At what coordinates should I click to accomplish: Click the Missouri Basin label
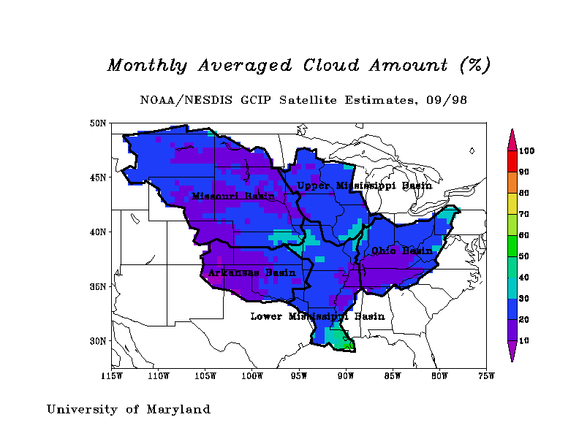pos(233,196)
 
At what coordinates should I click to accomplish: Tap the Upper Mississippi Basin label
pos(364,186)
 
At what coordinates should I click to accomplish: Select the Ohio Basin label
pos(402,251)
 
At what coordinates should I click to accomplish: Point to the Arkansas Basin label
pos(251,272)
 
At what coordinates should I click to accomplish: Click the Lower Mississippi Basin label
pos(317,316)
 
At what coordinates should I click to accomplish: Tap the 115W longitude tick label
pos(111,377)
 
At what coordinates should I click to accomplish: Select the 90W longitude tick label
pos(346,377)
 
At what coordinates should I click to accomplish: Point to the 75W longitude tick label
pos(486,377)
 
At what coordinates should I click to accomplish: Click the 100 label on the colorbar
pos(527,151)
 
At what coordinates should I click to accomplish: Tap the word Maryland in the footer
pos(176,410)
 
